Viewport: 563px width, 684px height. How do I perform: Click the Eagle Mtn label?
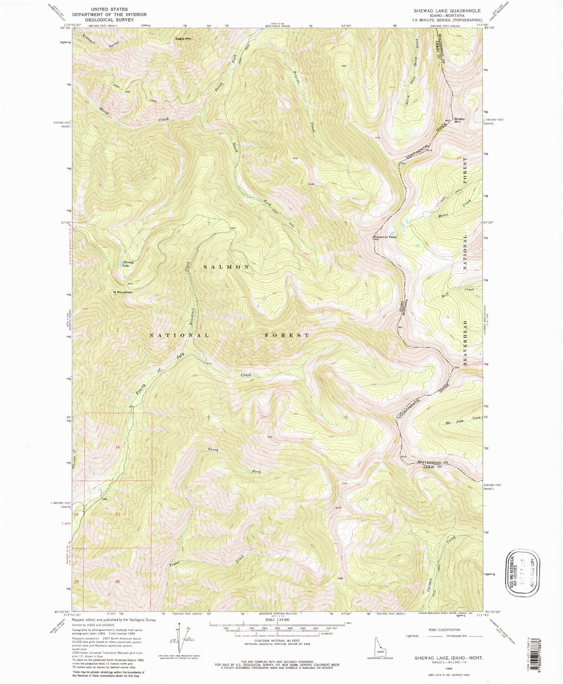(184, 39)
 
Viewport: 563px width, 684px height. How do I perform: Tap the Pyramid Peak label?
(385, 237)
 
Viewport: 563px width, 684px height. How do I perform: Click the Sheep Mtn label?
(459, 121)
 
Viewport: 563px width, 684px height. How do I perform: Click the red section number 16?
(118, 447)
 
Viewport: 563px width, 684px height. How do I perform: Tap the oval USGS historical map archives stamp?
(523, 573)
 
